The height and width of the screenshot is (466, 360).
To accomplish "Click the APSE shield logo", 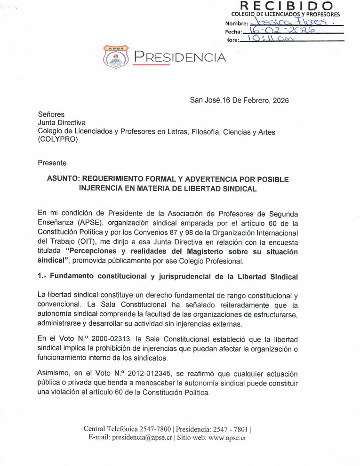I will click(115, 57).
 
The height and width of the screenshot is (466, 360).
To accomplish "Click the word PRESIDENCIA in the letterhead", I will click(180, 57).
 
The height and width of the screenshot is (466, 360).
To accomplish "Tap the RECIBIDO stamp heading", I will click(287, 6).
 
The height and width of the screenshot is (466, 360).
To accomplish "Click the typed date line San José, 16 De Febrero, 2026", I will click(239, 100).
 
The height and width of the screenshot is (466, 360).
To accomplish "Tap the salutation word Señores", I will click(51, 114).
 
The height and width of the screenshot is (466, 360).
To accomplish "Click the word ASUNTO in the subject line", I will click(64, 179).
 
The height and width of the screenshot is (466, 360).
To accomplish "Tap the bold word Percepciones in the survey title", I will click(95, 251).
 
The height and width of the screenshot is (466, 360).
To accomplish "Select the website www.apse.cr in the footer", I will click(227, 437).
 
